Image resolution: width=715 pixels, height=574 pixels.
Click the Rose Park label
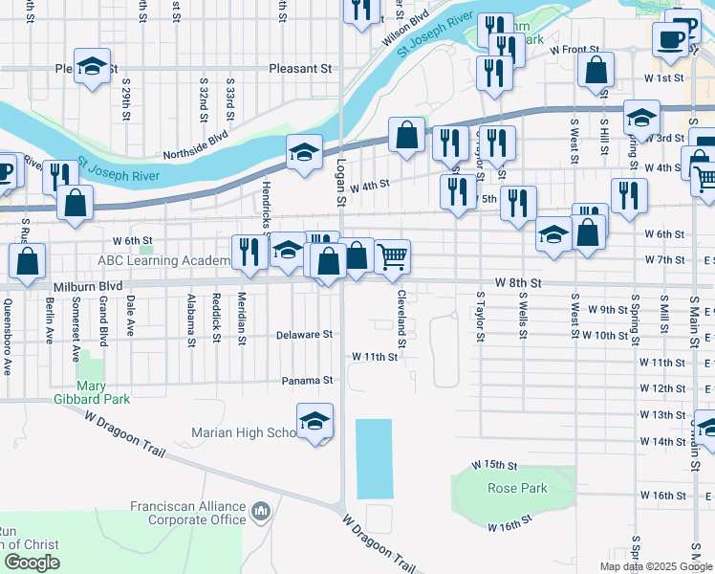pos(517,488)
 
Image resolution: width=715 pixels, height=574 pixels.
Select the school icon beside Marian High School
pos(314,421)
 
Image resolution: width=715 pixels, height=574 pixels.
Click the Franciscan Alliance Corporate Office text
pos(188,513)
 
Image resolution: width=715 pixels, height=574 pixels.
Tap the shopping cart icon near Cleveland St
pos(392,256)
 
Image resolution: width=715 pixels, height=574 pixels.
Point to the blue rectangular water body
pos(374,458)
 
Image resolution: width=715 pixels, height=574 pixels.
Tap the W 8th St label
pos(518,284)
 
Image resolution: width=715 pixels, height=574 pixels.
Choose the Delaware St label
pos(304,335)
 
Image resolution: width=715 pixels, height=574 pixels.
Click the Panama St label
pos(306,381)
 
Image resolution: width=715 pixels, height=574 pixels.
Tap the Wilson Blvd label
pos(405,30)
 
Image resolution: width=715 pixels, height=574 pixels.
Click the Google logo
pos(32,563)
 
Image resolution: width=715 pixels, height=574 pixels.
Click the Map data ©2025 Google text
pos(655,566)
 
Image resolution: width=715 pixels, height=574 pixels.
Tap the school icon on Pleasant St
pos(92,66)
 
